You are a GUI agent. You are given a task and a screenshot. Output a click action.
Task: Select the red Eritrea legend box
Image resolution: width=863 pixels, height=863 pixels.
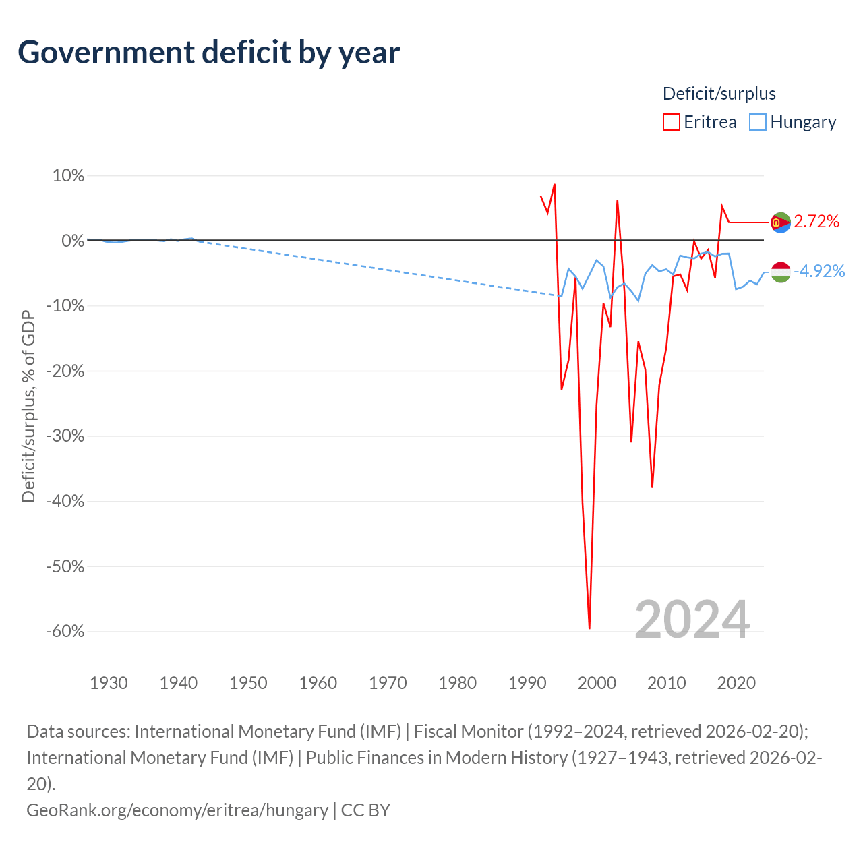[671, 122]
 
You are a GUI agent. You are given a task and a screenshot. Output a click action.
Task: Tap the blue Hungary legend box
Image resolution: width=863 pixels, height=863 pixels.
[757, 122]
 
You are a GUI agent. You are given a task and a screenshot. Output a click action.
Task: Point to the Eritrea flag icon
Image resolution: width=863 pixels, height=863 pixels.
[780, 222]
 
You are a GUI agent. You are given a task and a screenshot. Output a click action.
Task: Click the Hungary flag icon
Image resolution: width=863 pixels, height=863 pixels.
[780, 272]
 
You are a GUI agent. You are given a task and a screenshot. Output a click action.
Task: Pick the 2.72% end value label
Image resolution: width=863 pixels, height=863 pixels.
[816, 222]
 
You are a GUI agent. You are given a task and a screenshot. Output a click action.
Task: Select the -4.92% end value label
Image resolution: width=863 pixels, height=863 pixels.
[819, 272]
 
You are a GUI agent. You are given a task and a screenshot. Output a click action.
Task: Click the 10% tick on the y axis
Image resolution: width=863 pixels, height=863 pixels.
[69, 175]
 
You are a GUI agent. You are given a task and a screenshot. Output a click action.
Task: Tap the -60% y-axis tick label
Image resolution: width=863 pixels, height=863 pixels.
[65, 631]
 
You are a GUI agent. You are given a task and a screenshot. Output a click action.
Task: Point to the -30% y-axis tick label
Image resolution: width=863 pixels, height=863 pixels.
[65, 436]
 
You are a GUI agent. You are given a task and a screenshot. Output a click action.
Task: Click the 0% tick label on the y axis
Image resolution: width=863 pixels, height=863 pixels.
[73, 241]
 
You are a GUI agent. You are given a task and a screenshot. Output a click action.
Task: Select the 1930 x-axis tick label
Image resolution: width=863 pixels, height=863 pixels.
[109, 683]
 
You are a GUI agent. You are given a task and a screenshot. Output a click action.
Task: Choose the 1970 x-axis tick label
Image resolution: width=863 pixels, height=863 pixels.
[388, 683]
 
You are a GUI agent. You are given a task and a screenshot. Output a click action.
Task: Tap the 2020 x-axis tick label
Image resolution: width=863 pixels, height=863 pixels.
[736, 683]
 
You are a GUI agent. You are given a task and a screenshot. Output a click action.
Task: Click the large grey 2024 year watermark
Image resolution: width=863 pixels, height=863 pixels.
[692, 620]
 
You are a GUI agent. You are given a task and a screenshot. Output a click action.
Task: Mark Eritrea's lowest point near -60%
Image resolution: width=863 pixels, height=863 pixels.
[589, 628]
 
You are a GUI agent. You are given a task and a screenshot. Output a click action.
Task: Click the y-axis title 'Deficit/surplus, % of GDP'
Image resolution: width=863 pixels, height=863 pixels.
[29, 406]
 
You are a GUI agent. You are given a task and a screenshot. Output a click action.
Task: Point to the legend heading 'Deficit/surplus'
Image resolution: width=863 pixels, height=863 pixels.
[719, 94]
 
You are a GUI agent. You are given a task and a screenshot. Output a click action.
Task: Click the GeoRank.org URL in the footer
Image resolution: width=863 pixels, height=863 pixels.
[177, 810]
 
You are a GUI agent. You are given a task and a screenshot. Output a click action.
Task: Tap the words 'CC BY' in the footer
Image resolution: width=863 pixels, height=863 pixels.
[365, 810]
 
